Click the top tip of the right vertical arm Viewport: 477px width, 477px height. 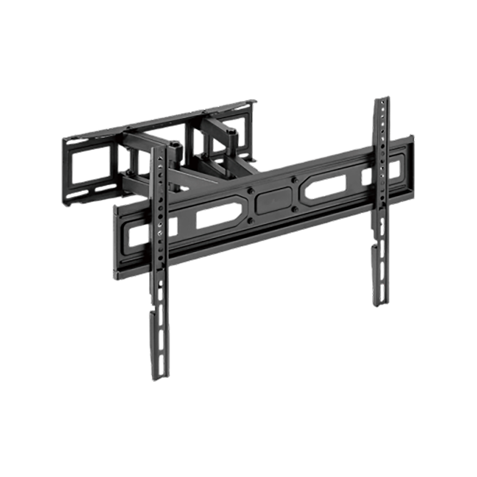pyautogui.click(x=381, y=100)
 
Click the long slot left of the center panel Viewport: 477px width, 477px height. pyautogui.click(x=216, y=216)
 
